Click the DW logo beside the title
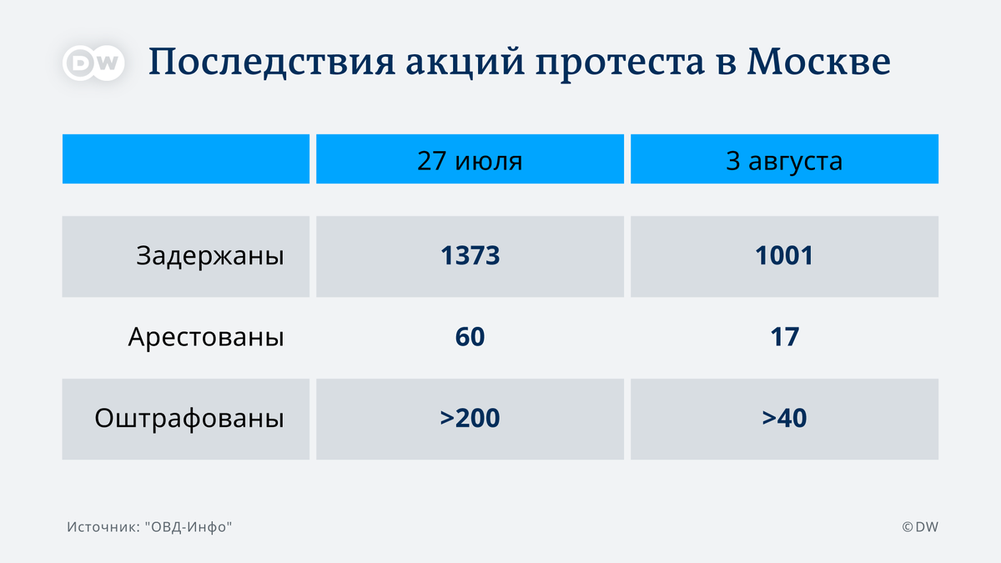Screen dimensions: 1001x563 point(93,63)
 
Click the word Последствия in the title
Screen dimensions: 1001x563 point(272,63)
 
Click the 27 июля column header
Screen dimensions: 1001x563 point(470,160)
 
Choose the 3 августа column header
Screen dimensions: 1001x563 point(784,160)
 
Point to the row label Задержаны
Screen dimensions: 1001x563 point(210,256)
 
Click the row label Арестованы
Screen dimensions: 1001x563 point(206,337)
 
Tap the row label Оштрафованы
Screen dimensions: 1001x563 point(189,419)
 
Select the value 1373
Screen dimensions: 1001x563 point(470,255)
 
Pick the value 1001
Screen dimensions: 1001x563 point(784,255)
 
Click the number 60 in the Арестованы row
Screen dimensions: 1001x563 point(470,337)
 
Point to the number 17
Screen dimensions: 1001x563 point(784,337)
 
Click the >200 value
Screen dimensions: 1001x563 point(470,418)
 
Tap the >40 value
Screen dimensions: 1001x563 point(784,418)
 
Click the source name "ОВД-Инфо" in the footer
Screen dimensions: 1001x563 point(189,527)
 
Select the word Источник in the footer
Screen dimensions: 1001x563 point(103,527)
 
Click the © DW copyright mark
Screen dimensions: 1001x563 point(920,527)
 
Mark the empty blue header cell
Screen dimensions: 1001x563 point(186,158)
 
